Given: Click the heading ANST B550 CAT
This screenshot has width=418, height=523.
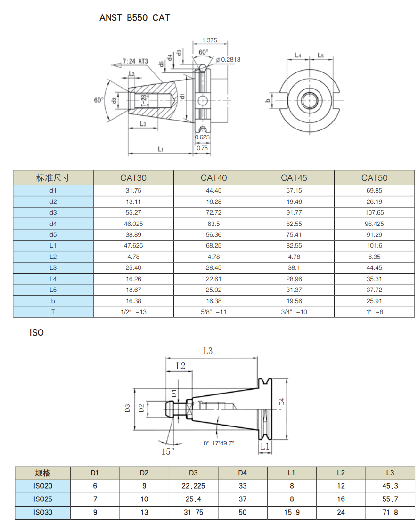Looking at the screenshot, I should [x=135, y=18].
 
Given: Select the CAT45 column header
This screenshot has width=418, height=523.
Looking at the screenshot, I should [x=294, y=177].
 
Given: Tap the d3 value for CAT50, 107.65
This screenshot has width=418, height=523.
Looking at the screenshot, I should [x=375, y=213].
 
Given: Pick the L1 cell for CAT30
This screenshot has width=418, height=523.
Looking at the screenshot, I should [x=133, y=246].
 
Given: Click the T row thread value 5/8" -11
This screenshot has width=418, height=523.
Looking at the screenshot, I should [x=213, y=312].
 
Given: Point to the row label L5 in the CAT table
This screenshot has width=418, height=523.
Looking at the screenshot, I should [x=53, y=290].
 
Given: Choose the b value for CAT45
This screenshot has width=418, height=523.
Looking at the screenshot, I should [x=294, y=301].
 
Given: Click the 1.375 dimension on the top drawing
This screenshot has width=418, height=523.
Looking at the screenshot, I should [x=209, y=40].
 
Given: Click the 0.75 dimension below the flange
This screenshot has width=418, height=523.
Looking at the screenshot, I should [x=202, y=148].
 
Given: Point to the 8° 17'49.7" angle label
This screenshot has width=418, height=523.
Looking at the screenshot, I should [x=219, y=443].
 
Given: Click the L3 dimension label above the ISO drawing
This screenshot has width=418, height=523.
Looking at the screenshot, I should [x=208, y=351].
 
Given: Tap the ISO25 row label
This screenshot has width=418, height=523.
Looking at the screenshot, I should [x=43, y=499].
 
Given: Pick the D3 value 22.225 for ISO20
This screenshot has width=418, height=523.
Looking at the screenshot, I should [x=193, y=486].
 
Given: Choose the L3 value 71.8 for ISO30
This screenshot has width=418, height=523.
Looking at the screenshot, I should [x=390, y=512].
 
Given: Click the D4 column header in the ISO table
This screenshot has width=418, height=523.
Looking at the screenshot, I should [x=242, y=473].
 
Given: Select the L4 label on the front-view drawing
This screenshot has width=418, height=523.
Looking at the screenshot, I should [x=298, y=55].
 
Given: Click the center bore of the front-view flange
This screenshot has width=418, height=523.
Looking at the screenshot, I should [x=309, y=100].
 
